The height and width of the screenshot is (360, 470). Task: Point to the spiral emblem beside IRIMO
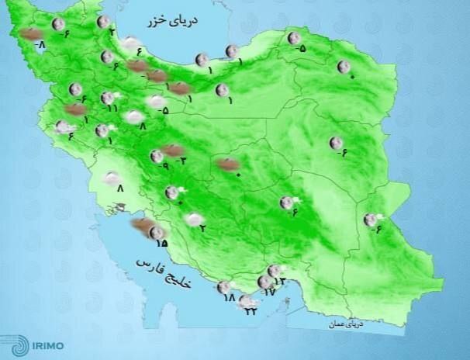(15, 345)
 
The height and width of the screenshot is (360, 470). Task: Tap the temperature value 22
(251, 311)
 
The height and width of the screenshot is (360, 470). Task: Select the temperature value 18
(228, 298)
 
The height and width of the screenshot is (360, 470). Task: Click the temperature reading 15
(161, 243)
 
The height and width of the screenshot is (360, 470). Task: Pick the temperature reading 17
(270, 292)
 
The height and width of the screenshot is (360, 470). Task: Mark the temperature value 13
(281, 281)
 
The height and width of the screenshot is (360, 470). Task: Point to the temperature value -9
(163, 166)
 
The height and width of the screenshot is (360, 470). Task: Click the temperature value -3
(183, 160)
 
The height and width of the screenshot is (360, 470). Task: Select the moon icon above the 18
(223, 286)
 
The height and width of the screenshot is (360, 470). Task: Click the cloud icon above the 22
(248, 300)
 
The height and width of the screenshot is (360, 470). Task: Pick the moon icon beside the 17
(263, 282)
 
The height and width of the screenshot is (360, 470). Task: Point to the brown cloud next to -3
(174, 150)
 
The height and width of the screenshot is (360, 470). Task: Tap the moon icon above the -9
(157, 156)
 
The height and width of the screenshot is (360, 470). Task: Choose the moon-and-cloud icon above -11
(109, 98)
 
